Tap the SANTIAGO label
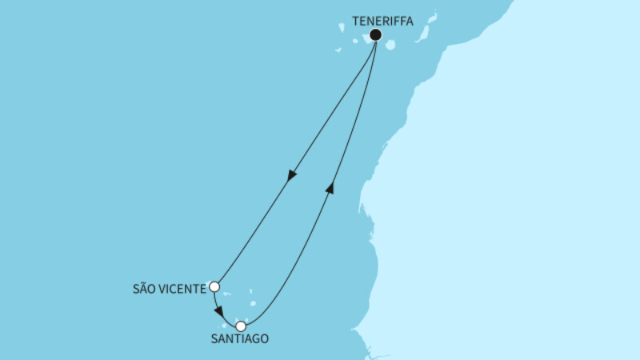tap(241, 339)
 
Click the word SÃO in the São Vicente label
tap(144, 286)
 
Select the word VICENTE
tap(183, 286)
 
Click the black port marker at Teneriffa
tap(375, 35)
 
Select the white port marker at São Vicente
tap(214, 286)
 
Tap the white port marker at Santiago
tap(241, 326)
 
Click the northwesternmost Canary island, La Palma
tap(341, 27)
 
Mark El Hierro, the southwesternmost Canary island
tap(338, 50)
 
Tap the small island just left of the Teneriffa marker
tap(355, 41)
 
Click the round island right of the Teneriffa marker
tap(390, 45)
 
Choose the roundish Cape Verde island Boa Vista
tap(255, 303)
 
